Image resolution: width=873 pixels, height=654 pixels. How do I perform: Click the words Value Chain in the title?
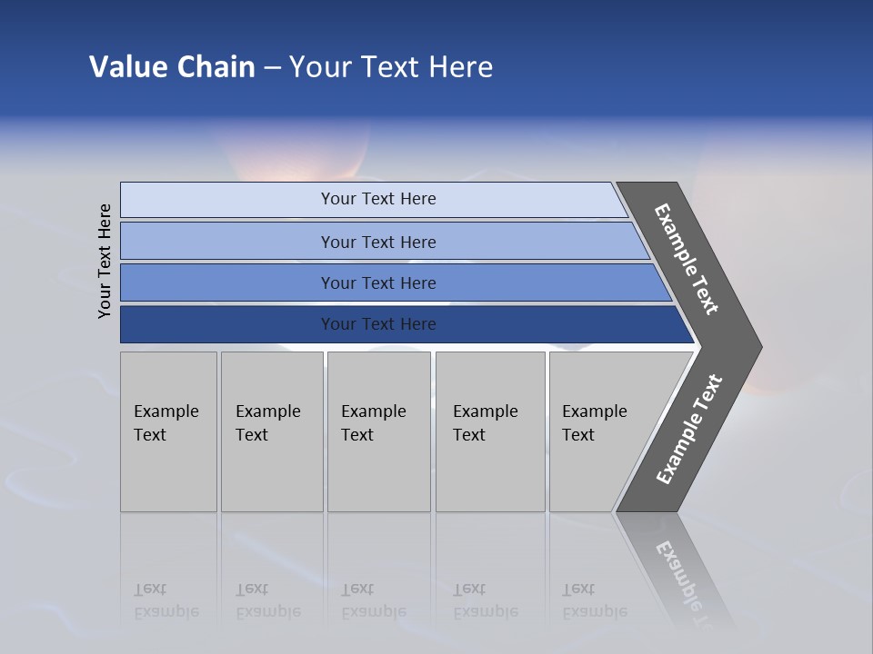tap(172, 67)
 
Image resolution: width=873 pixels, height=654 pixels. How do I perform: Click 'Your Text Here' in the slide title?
tap(391, 67)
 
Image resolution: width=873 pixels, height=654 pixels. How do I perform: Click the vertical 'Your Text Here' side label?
tap(105, 261)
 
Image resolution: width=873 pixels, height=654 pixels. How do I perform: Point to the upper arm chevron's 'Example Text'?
tap(687, 259)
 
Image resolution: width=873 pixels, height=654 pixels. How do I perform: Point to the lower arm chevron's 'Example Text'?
tap(689, 430)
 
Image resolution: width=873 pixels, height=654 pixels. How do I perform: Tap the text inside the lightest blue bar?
tap(378, 199)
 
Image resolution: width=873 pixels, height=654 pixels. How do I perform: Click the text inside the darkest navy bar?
tap(378, 324)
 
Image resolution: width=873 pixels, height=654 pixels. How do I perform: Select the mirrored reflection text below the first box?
tap(166, 600)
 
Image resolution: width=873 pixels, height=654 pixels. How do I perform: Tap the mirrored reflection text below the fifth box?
tap(594, 600)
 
